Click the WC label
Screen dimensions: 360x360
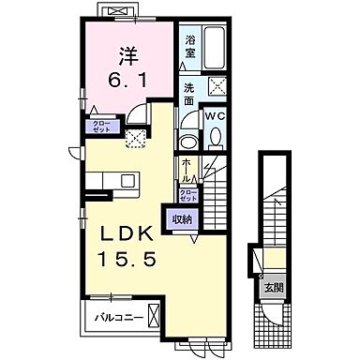coord(216,116)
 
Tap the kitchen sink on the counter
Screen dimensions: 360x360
coord(104,181)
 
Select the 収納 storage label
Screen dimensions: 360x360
coord(182,219)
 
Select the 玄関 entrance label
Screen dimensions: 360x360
coord(272,287)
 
